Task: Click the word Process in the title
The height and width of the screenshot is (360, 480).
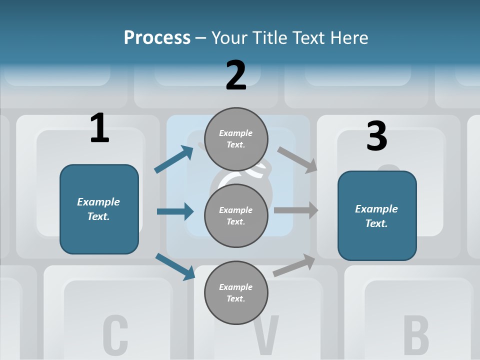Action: coord(157,37)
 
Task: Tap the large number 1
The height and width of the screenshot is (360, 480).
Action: coord(99,128)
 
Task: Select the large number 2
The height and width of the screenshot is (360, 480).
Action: coord(236,75)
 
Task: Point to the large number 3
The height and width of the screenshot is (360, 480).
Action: coord(376,136)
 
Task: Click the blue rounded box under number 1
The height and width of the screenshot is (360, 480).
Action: coord(99,209)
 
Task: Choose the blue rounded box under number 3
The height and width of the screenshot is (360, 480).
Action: coord(377,215)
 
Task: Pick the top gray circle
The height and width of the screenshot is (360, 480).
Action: coord(236,138)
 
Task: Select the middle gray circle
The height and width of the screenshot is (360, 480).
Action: coord(236,215)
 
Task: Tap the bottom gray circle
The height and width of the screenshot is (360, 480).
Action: coord(236,292)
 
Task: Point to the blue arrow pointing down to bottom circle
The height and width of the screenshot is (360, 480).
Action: coord(175,266)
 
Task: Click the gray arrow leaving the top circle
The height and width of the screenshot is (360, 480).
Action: coord(297,159)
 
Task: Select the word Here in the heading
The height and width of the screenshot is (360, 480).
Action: coord(349,37)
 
